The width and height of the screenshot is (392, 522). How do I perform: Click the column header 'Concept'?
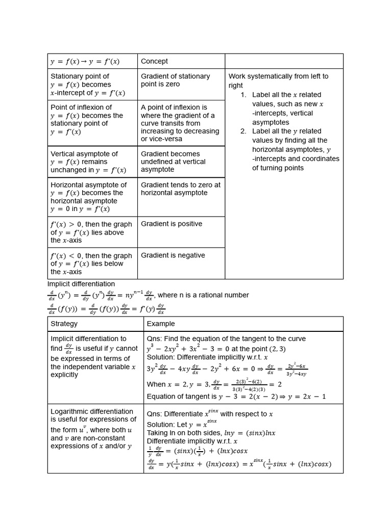point(154,61)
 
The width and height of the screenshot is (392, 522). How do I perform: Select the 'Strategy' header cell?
point(64,324)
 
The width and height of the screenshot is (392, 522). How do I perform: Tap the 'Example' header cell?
point(160,324)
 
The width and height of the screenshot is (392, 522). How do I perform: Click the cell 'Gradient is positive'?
point(171,224)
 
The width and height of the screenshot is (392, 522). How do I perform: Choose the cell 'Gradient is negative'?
point(173,255)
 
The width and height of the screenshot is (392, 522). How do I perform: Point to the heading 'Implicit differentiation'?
point(81,284)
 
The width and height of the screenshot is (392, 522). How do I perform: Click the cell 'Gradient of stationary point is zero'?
point(175,80)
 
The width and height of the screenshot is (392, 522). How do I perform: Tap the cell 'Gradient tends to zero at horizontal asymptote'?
point(181,189)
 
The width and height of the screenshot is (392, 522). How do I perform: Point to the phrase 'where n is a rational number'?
point(203,295)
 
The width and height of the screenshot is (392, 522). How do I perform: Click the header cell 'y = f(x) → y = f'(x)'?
point(85,62)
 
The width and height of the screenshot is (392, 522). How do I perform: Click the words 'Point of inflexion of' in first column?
point(81,108)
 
